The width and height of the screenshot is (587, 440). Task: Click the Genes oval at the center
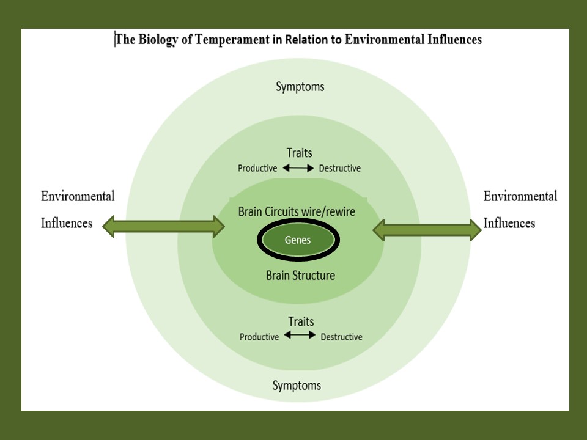tap(298, 240)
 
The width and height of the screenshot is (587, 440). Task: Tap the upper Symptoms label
tap(300, 87)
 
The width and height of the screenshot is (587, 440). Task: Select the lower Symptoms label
tap(297, 386)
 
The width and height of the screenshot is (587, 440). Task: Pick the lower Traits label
tap(300, 321)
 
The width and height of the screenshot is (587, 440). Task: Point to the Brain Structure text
tap(300, 276)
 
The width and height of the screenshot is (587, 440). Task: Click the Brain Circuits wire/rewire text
tap(297, 211)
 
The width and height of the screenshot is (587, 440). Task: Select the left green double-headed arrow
tap(164, 227)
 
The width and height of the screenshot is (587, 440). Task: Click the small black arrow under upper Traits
tap(298, 168)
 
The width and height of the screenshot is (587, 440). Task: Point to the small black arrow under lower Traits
tap(300, 335)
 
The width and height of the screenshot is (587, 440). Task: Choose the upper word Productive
tap(257, 169)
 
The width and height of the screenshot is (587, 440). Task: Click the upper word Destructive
tap(340, 169)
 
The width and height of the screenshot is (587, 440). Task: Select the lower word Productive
tap(259, 337)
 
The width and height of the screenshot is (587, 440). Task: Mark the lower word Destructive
tap(341, 337)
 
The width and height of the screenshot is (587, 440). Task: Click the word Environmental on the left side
tap(78, 197)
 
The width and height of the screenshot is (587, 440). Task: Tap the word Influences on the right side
tap(509, 223)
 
